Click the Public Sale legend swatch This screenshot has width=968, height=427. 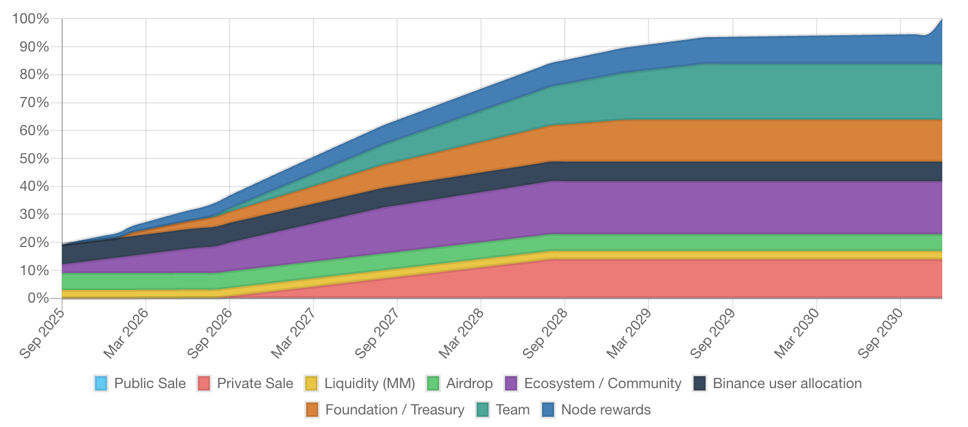(x=101, y=383)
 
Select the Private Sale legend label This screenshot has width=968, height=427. (x=255, y=383)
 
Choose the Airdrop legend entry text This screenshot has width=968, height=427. (x=469, y=383)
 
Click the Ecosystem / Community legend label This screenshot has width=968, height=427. (x=602, y=383)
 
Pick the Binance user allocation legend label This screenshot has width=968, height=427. (x=787, y=383)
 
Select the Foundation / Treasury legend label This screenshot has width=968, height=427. (x=394, y=410)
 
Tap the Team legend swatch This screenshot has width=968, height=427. (x=483, y=410)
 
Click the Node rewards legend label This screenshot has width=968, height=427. (x=605, y=410)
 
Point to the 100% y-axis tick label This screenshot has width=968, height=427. (x=31, y=19)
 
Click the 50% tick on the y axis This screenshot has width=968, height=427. (x=34, y=158)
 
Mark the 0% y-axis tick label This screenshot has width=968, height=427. (x=37, y=298)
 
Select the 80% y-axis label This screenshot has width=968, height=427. (x=34, y=75)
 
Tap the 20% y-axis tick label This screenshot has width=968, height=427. (x=34, y=242)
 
